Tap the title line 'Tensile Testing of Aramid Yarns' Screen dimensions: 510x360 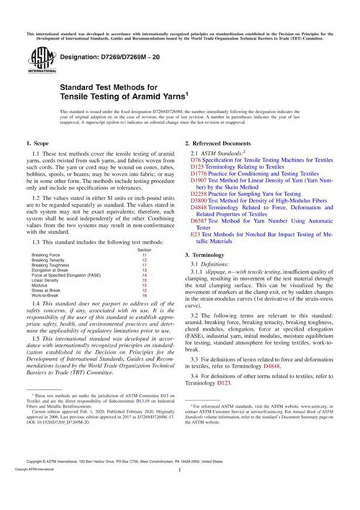pos(124,97)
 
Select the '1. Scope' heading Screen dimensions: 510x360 pos(37,145)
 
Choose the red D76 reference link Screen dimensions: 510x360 pos(194,160)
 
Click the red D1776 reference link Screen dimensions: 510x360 pos(197,174)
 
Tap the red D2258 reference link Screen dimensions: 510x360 pos(197,194)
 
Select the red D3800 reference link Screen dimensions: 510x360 pos(197,200)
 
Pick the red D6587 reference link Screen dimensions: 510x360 pos(197,220)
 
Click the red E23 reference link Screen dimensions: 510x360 pos(194,234)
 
